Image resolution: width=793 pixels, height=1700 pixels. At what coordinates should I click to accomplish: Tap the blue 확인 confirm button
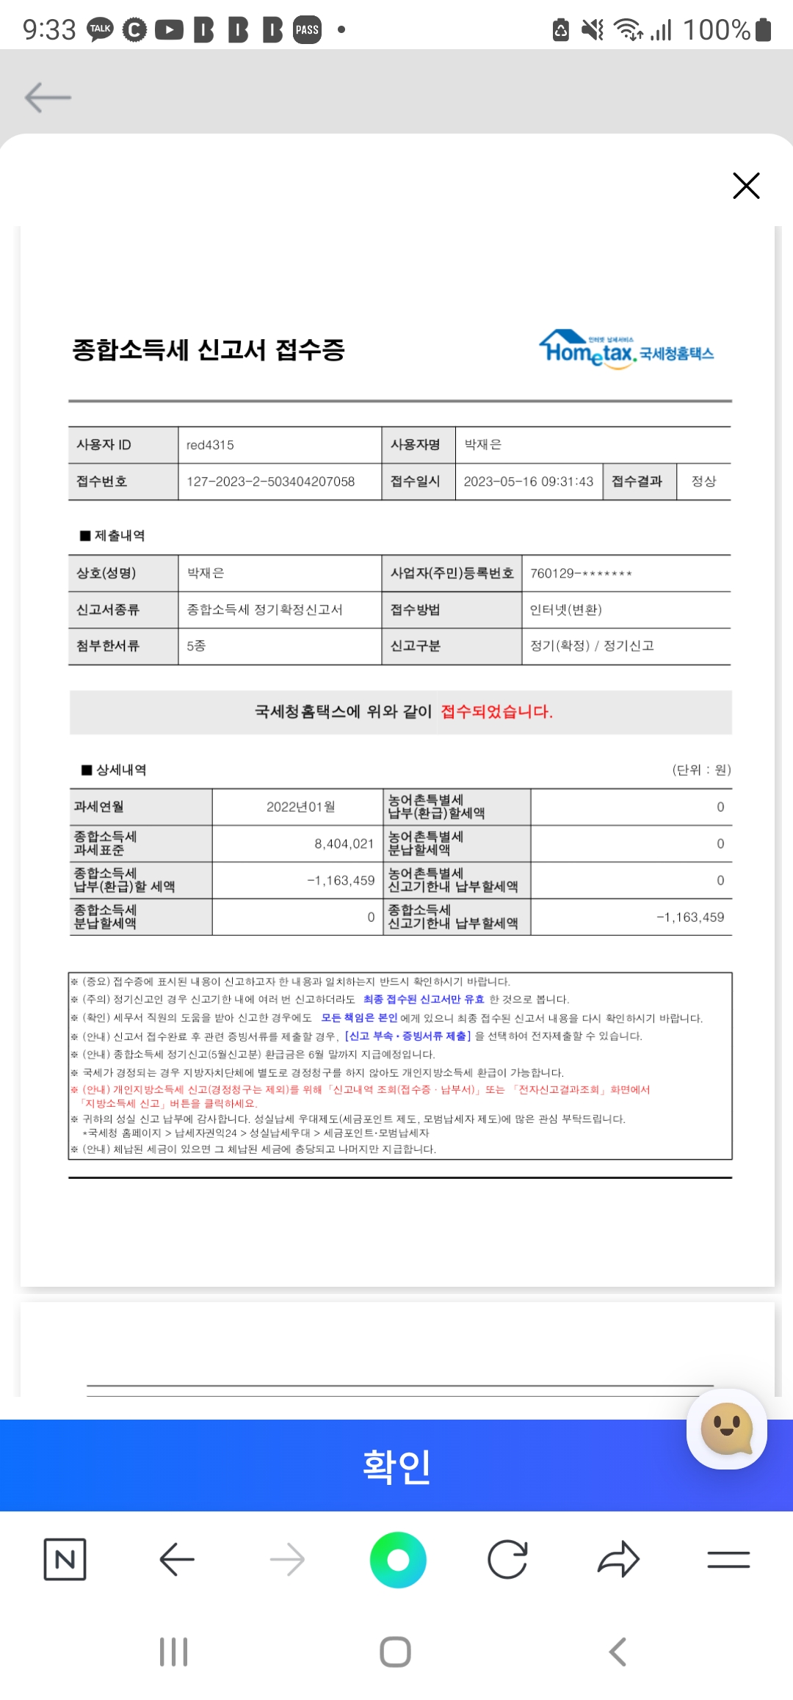tap(396, 1466)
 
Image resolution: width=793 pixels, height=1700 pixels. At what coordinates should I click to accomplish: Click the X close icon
tap(746, 186)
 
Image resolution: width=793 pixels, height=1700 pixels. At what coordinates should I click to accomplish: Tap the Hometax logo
tap(626, 350)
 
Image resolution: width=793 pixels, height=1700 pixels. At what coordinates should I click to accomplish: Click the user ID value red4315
tap(210, 445)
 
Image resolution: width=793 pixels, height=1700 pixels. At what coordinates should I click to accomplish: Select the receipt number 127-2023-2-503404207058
tap(270, 482)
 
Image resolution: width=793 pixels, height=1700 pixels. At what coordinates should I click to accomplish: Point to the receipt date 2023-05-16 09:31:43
tap(528, 482)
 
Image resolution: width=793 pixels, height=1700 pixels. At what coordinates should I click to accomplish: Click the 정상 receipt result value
tap(703, 482)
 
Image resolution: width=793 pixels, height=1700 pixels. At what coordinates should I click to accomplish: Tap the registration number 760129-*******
tap(581, 573)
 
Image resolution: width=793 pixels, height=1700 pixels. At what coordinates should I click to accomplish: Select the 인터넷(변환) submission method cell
tap(565, 610)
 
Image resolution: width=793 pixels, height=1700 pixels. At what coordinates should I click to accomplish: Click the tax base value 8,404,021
tap(344, 844)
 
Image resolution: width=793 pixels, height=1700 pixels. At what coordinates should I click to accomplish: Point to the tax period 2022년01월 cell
tap(300, 807)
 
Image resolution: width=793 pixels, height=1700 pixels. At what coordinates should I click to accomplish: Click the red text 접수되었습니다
tap(496, 711)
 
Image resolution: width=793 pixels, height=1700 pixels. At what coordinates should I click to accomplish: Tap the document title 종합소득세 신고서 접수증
tap(209, 349)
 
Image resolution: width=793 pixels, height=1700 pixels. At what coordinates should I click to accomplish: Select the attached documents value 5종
tap(196, 646)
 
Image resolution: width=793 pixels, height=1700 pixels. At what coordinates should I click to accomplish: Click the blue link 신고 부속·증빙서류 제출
tap(408, 1036)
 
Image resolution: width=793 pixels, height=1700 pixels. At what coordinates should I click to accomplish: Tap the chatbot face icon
tap(726, 1428)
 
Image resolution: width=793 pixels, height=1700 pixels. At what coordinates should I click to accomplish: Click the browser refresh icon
tap(507, 1560)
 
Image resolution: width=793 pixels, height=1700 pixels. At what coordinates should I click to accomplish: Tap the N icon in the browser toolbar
tap(65, 1560)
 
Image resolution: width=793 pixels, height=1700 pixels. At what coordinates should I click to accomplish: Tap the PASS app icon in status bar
tap(307, 30)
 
